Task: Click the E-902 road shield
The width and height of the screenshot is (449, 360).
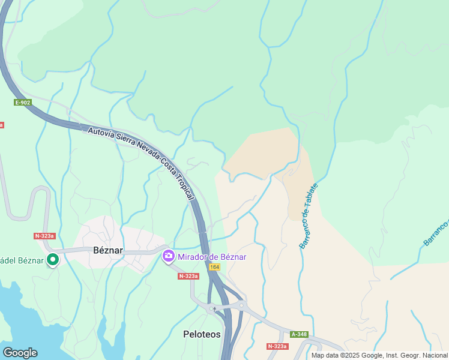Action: tap(23, 103)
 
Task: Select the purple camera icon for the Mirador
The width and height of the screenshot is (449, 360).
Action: tap(169, 256)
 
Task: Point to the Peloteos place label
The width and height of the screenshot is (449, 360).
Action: tap(202, 334)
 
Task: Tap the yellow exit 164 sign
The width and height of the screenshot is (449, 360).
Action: tap(214, 266)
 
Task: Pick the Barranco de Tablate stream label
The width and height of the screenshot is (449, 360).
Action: tap(309, 216)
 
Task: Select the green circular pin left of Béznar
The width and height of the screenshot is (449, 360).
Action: tap(53, 260)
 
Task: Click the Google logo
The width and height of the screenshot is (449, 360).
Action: tap(20, 353)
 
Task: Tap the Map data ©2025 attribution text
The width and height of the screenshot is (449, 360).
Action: tap(379, 355)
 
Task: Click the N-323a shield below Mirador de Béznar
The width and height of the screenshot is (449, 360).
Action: tap(188, 276)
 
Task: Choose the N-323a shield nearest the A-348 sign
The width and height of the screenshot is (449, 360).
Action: tap(277, 346)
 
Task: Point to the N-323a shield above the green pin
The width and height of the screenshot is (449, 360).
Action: tap(44, 236)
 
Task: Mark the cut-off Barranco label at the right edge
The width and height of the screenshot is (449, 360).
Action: tap(436, 232)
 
